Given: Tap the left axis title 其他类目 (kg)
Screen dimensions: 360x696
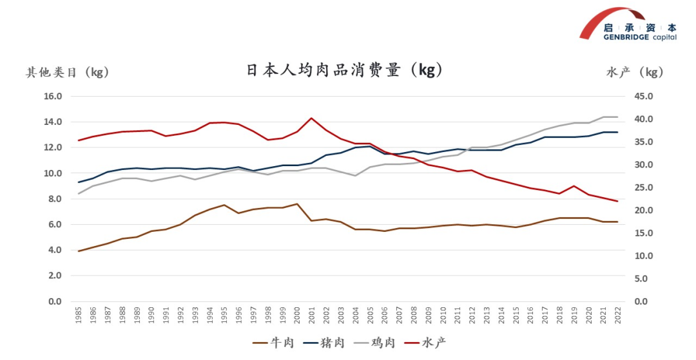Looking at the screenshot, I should pos(68,72).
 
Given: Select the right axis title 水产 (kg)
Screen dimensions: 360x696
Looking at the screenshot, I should pos(635,72).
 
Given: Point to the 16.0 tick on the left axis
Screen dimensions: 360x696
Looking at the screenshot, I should pos(53,97).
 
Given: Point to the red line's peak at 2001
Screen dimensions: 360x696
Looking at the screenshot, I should pos(312,118).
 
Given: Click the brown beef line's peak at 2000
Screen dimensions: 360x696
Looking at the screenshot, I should pos(297,204).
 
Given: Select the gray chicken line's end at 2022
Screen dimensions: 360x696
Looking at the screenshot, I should pos(617,117).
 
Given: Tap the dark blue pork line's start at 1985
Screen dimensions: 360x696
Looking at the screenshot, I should pos(79,182).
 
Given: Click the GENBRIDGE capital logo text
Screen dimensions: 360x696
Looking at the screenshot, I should pos(640,37).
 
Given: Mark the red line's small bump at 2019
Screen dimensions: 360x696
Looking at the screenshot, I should pos(574,186).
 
